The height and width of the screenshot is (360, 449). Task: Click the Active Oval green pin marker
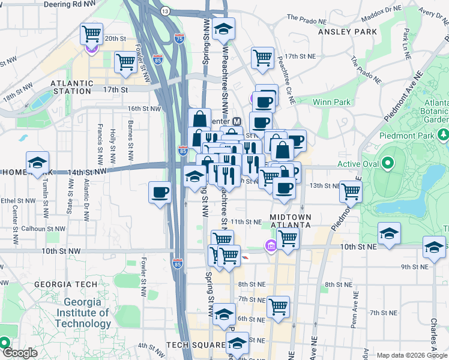(x=388, y=163)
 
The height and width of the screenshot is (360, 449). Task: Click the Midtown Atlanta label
(x=291, y=221)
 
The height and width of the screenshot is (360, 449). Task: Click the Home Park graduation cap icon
(x=37, y=163)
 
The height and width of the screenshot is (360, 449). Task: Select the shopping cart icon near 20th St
(x=91, y=33)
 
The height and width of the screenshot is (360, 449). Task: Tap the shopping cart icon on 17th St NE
(x=262, y=58)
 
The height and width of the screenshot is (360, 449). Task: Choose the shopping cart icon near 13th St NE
(x=351, y=191)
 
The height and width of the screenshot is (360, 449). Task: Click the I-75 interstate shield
(x=179, y=38)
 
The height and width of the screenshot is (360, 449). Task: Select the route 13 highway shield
(x=164, y=11)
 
